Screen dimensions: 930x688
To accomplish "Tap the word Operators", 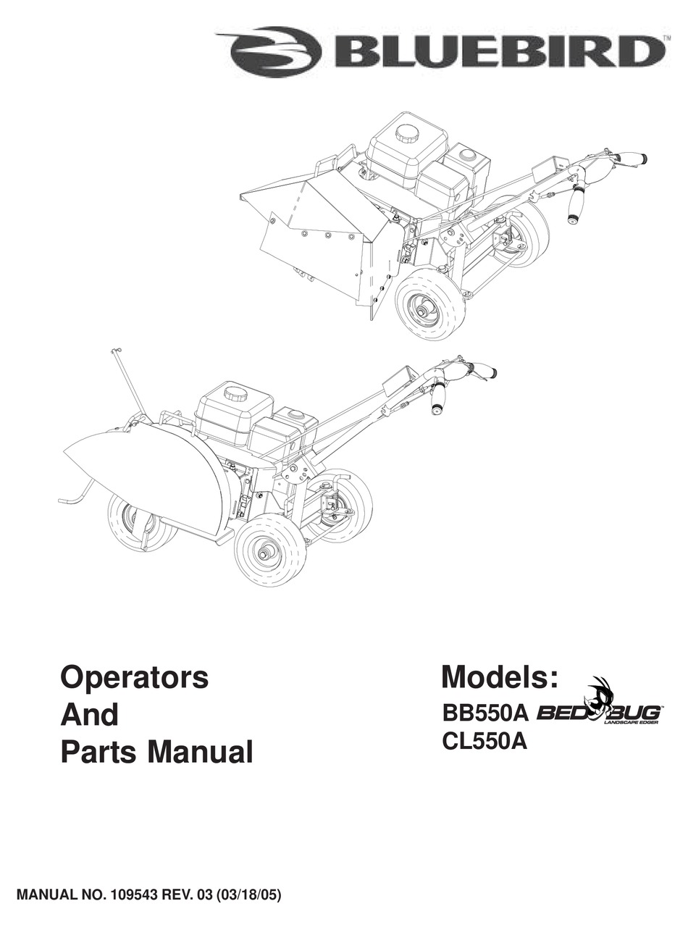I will [134, 678].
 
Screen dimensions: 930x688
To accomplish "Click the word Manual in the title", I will [201, 752].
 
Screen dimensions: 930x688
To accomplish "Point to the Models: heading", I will [500, 676].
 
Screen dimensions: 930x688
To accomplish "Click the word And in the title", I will [89, 715].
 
